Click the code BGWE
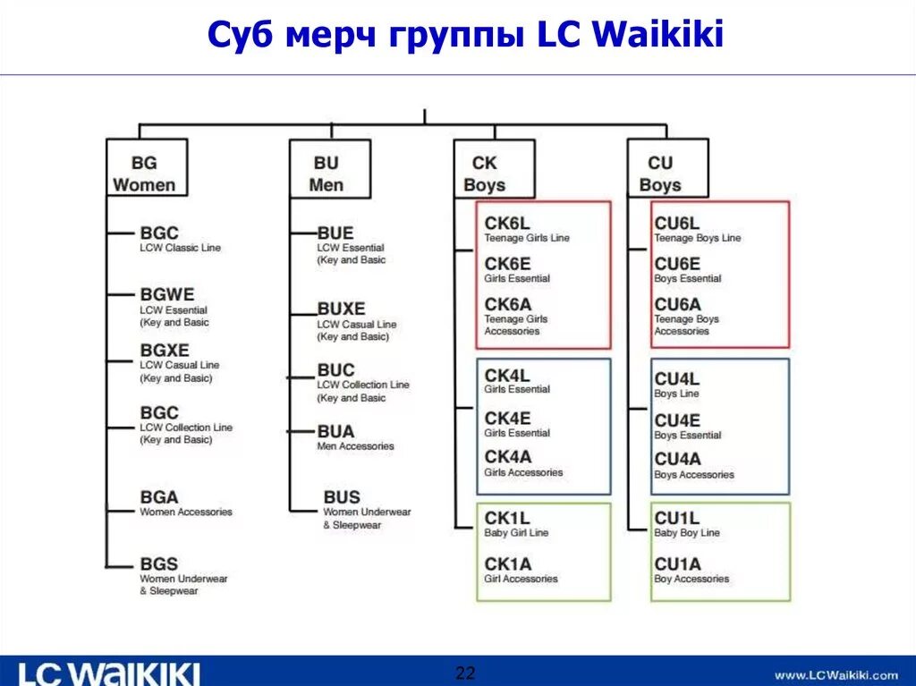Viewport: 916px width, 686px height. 167,294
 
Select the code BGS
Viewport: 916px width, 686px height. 159,564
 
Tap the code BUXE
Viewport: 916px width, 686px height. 341,309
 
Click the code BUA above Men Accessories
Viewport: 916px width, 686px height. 335,431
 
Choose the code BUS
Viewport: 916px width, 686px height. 342,496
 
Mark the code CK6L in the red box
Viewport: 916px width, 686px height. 507,224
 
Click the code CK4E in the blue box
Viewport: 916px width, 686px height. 507,418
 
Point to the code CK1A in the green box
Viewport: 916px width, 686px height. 507,563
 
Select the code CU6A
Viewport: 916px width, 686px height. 677,304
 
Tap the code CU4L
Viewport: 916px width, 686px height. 676,379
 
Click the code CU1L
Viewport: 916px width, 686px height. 676,518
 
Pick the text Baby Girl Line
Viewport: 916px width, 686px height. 516,533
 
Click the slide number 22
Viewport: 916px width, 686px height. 465,673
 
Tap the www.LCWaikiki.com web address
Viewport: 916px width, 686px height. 836,674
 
